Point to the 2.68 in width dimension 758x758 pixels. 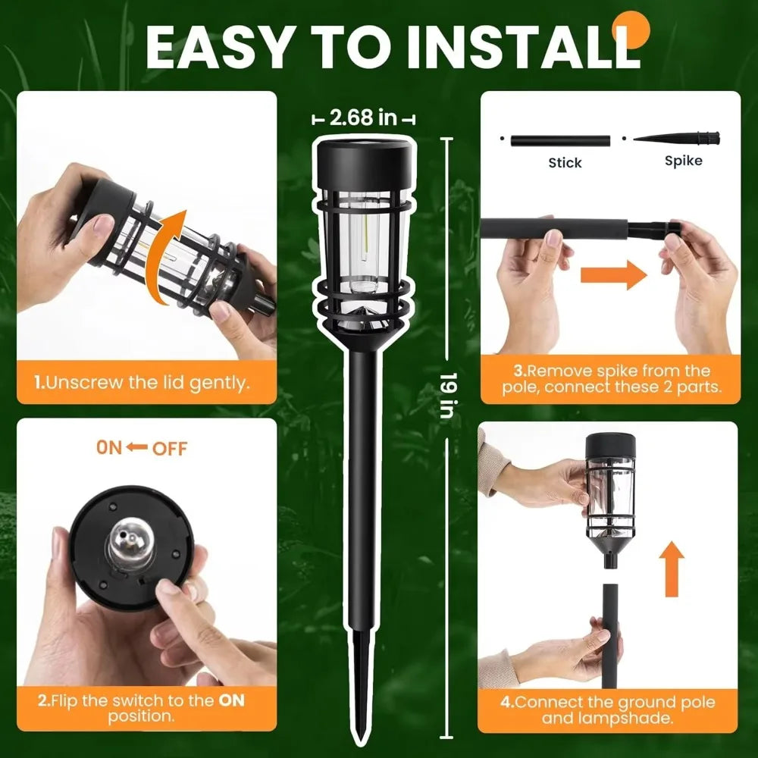tap(364, 117)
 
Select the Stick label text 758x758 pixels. tap(565, 162)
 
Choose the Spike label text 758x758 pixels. tap(683, 161)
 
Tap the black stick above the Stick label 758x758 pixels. tap(560, 140)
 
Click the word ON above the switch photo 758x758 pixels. tap(109, 447)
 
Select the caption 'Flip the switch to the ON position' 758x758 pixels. tap(142, 708)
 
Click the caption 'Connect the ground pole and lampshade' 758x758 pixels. tap(609, 709)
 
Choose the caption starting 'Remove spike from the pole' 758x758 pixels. tap(609, 379)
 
